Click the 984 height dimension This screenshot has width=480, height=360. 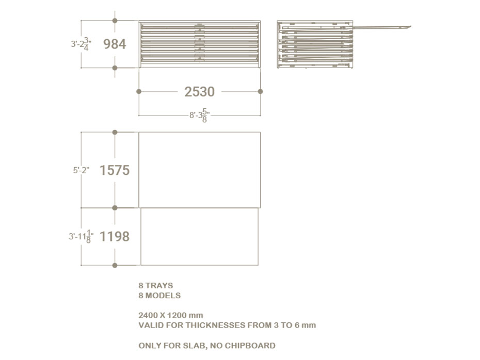pos(115,44)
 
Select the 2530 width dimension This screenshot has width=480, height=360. pos(199,91)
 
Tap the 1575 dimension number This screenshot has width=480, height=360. pos(115,170)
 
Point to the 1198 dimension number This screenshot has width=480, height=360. pos(115,236)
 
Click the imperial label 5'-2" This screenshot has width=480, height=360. pos(81,170)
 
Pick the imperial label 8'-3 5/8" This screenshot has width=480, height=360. pos(199,116)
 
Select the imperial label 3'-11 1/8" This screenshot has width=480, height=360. pos(81,236)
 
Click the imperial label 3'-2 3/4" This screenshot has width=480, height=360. pos(81,44)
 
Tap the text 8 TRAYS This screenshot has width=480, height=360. pos(155,285)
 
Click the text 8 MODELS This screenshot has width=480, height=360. pos(159,296)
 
